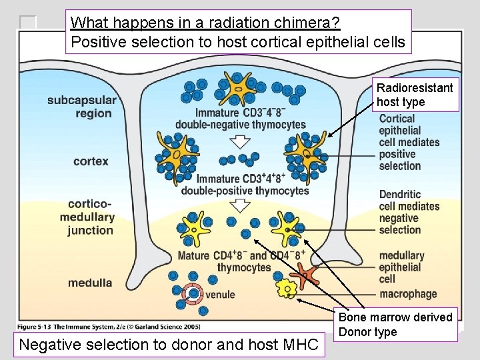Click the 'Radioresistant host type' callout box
tap(415, 95)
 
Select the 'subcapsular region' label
tap(81, 107)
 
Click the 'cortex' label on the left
tap(91, 161)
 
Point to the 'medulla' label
tap(90, 283)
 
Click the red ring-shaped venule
tap(193, 293)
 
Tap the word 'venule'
tap(220, 294)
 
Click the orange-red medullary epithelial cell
tap(307, 274)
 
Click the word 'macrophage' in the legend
tap(408, 294)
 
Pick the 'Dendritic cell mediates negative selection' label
tap(409, 212)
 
